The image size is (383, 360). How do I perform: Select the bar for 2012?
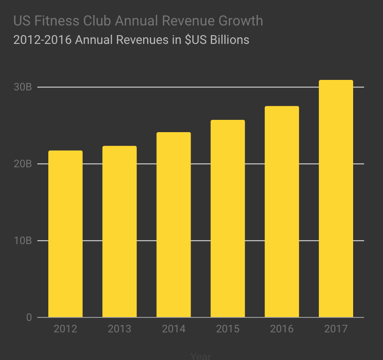click(65, 234)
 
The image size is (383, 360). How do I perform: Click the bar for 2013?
click(119, 231)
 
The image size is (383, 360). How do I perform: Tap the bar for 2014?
click(173, 224)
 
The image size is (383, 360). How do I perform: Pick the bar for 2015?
click(228, 218)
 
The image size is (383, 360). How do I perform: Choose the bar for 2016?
click(282, 211)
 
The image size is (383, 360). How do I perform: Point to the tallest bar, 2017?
click(336, 198)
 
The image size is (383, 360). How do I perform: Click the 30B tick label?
click(23, 87)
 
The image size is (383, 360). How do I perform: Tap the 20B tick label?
click(23, 164)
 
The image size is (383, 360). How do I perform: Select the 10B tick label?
click(23, 241)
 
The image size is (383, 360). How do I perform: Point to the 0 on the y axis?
click(29, 317)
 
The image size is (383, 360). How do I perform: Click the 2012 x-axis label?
click(65, 329)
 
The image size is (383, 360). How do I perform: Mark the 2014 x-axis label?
click(173, 329)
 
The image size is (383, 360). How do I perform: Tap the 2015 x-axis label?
click(228, 329)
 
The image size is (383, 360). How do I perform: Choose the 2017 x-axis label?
click(336, 329)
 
